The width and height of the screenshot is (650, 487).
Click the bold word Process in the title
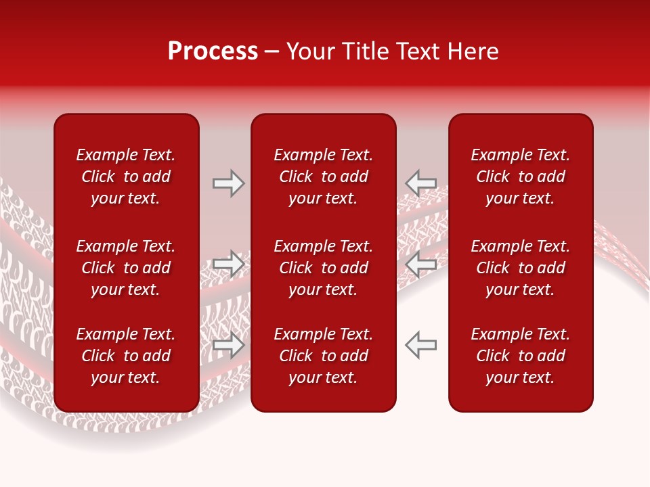click(x=213, y=51)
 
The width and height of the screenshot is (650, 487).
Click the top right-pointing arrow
click(x=229, y=183)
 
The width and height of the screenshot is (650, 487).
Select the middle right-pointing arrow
click(x=229, y=264)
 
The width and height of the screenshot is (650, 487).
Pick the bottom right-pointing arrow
click(x=229, y=345)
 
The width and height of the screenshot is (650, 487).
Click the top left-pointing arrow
click(x=420, y=183)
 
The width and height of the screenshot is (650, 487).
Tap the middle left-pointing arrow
click(x=420, y=264)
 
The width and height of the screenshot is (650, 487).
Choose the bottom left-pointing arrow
click(x=420, y=345)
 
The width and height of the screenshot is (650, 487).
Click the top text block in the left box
click(x=126, y=177)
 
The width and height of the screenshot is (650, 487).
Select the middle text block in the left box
click(x=126, y=268)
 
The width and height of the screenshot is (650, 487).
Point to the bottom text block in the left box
click(x=126, y=356)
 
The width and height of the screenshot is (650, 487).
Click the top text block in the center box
click(x=323, y=177)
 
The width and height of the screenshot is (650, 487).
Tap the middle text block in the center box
click(x=323, y=268)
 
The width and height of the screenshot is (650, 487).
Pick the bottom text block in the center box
click(x=323, y=356)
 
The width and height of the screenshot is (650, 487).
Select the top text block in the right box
click(x=520, y=177)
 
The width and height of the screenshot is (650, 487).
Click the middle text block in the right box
click(x=520, y=268)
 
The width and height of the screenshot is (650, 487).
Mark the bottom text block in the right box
click(x=520, y=356)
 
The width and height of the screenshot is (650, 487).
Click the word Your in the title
click(x=309, y=51)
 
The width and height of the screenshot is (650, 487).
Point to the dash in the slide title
click(x=272, y=52)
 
